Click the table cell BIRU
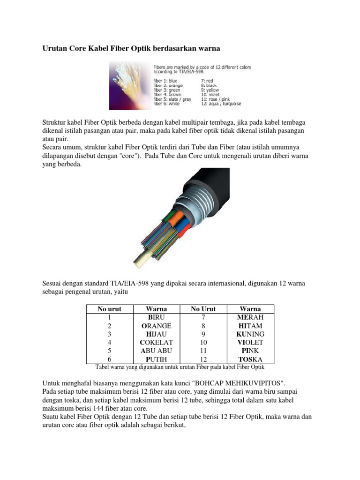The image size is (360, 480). coord(156,317)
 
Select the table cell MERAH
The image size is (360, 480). coord(250,317)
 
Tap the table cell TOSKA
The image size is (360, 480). coord(250,359)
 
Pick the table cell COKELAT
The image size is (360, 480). coord(156,342)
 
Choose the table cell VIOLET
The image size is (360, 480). coord(250,342)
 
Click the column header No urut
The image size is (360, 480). coord(109,309)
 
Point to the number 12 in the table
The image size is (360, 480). coord(203,359)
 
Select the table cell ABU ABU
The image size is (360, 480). coord(156,351)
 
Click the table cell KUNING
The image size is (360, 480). coord(250,334)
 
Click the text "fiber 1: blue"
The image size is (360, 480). coord(169,81)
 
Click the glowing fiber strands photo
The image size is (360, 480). coord(129,87)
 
